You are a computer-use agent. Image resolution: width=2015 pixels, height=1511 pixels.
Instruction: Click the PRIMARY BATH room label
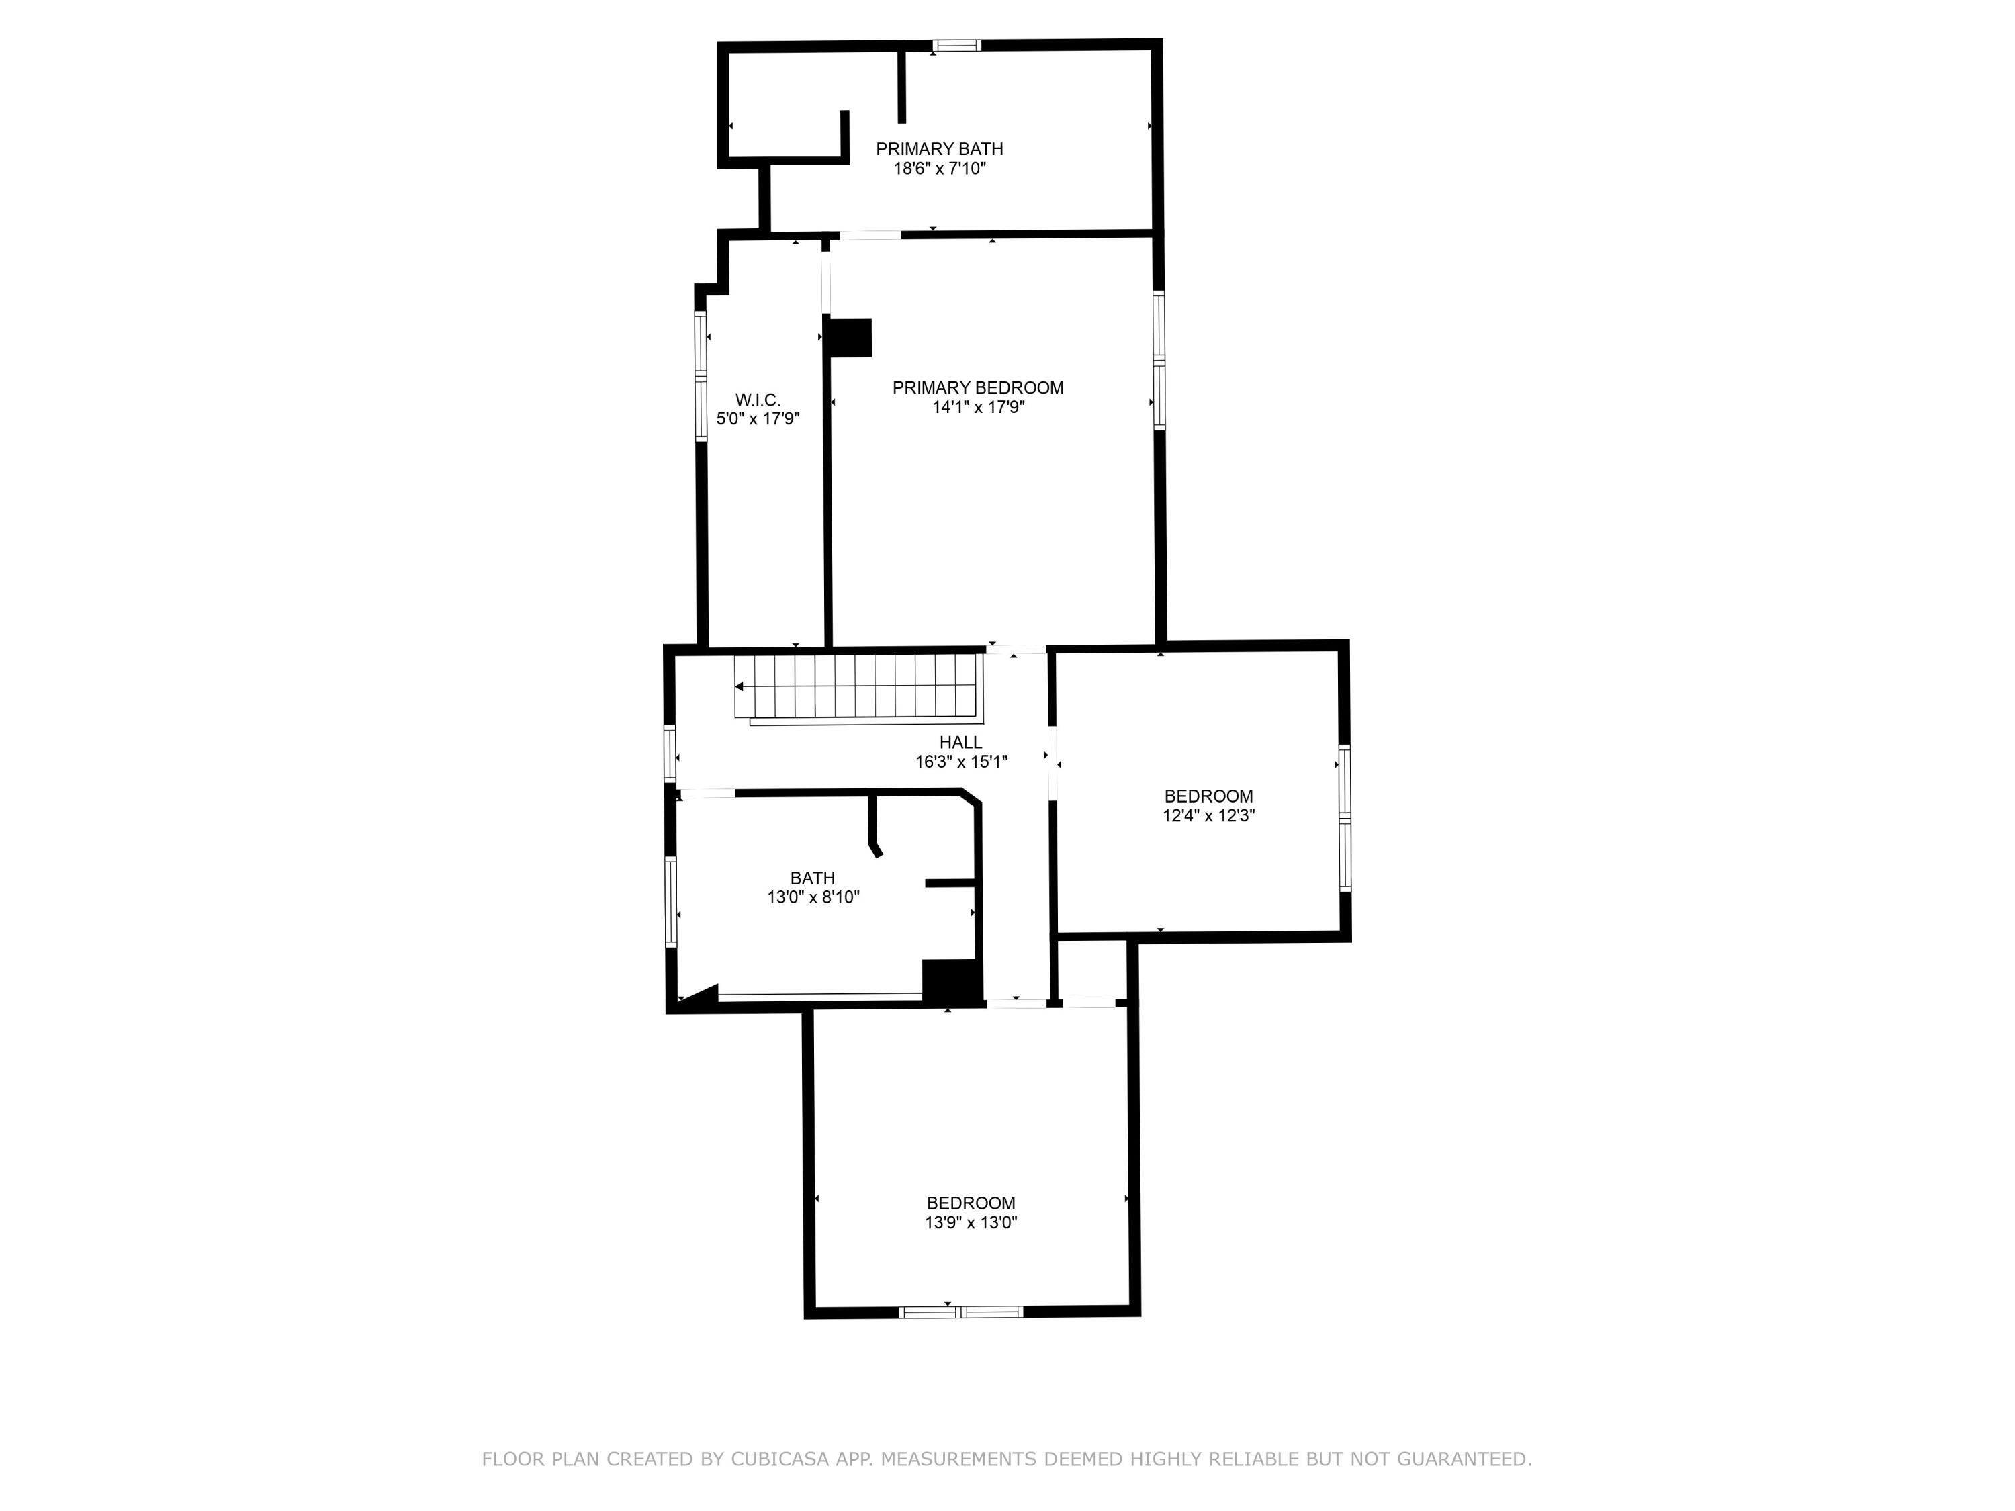[x=939, y=148]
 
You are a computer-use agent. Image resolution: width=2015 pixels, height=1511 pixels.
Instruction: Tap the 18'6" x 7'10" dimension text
[x=939, y=169]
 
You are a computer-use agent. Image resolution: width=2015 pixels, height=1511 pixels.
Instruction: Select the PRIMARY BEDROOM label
[x=977, y=388]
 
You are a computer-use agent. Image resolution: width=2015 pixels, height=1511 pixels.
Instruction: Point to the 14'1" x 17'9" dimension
[x=977, y=407]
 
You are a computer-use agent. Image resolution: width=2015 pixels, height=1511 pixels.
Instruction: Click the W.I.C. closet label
[x=758, y=400]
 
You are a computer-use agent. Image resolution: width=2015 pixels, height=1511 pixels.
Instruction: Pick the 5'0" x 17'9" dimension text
[x=758, y=419]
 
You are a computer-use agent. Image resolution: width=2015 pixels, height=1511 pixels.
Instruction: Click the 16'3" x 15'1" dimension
[x=961, y=762]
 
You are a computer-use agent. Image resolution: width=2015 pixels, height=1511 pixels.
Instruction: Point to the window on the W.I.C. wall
[x=701, y=376]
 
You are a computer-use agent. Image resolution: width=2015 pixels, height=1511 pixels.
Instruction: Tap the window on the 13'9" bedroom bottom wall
[x=961, y=1312]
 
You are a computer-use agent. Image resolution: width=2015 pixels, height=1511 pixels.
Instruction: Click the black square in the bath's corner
[x=951, y=981]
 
